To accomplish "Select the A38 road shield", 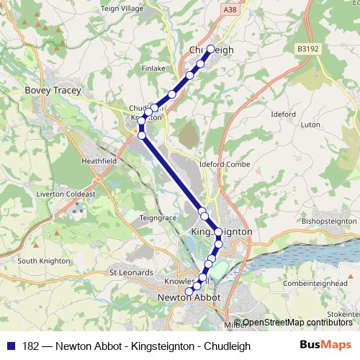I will coord(230,9).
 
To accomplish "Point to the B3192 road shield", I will coord(306,49).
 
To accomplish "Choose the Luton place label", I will coord(310,124).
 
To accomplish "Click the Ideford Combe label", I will coord(229,164).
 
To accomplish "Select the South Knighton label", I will coord(44,261).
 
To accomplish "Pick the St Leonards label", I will coord(131,273).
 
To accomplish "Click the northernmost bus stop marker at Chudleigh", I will coord(211,50).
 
